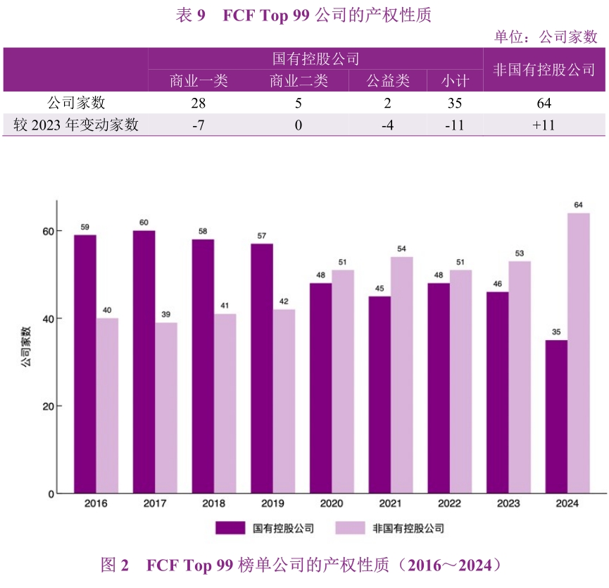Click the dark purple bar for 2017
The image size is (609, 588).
[x=144, y=362]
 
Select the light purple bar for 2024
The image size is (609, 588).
[x=578, y=353]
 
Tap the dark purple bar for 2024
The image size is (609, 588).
[x=556, y=417]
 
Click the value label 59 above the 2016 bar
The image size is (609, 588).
[x=84, y=227]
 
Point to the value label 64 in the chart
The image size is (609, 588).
[x=578, y=205]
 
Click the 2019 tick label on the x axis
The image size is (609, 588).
[x=272, y=504]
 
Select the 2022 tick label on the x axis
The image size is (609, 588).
[x=449, y=504]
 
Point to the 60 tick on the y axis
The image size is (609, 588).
[x=48, y=231]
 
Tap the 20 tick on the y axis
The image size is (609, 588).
[x=48, y=406]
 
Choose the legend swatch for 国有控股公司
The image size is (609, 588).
[x=230, y=527]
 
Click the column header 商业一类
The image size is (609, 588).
[x=199, y=81]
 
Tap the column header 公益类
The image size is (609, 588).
[x=387, y=81]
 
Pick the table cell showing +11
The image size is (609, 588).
[x=544, y=125]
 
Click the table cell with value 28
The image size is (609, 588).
[x=199, y=104]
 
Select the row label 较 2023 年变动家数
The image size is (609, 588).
[x=76, y=125]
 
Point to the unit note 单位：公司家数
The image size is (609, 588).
[x=546, y=37]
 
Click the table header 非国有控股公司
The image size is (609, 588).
[x=544, y=70]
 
